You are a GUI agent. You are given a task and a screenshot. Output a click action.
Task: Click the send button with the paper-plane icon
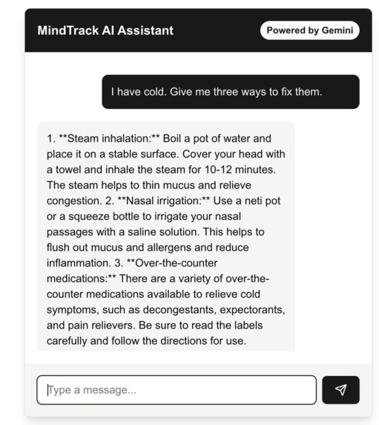[340, 389]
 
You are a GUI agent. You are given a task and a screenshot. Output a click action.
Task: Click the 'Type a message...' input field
[177, 390]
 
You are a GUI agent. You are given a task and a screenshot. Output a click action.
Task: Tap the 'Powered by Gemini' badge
[309, 30]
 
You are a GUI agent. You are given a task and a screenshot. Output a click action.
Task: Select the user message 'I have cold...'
[230, 92]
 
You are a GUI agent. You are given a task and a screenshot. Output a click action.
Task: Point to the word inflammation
[79, 263]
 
